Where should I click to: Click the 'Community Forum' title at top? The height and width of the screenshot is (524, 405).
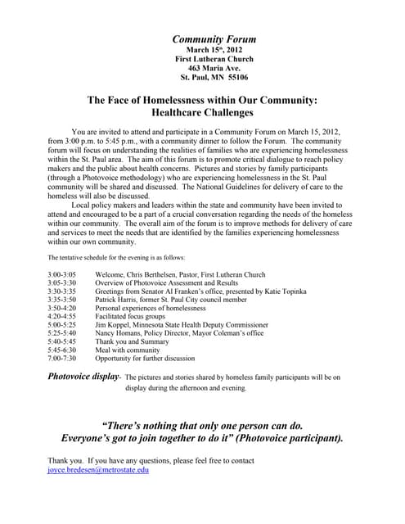[214, 38]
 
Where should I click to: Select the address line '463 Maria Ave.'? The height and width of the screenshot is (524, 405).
[214, 68]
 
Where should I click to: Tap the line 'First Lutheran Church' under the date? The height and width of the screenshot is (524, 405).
[214, 59]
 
